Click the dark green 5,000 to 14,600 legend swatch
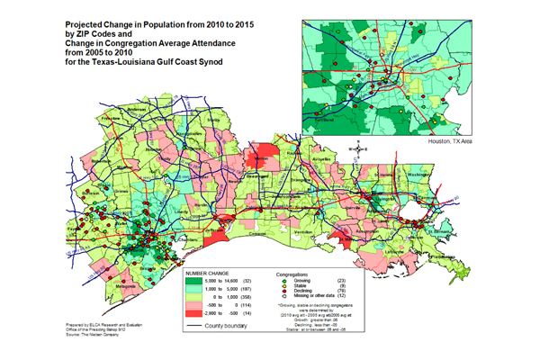pos(191,282)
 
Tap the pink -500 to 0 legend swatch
pos(191,303)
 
